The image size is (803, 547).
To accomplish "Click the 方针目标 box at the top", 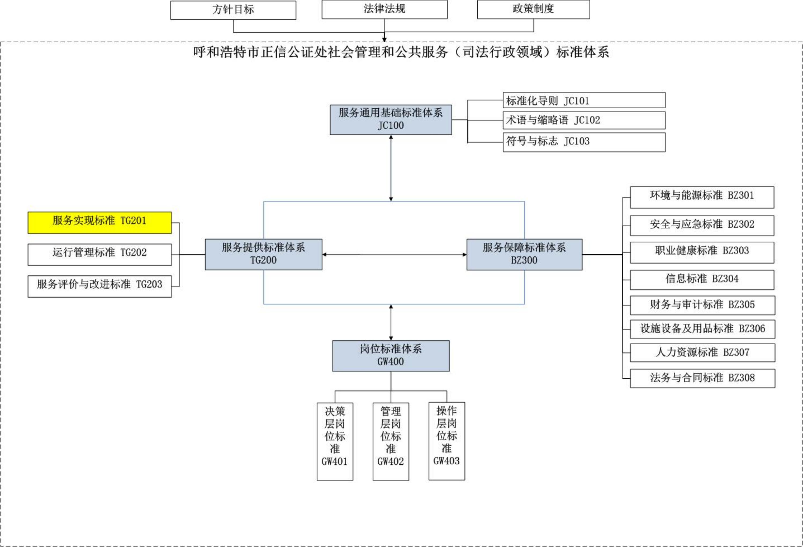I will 233,10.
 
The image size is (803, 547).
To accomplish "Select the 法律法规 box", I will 384,9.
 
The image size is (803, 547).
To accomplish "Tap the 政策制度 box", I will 533,9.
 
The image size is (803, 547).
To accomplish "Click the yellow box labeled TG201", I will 100,223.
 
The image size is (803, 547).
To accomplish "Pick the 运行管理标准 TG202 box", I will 100,254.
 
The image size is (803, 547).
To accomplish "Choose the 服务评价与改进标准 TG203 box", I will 100,286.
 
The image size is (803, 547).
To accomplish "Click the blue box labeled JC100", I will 391,120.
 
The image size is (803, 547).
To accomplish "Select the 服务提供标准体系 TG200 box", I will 263,254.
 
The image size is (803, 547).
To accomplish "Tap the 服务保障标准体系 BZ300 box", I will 524,254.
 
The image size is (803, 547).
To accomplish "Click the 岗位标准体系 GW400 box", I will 391,356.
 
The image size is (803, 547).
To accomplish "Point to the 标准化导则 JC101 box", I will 584,100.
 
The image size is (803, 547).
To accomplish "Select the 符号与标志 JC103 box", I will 584,142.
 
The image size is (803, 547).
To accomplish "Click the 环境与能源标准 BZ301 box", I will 702,197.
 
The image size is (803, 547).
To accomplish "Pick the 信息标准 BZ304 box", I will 702,280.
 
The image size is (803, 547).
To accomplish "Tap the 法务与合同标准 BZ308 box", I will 702,378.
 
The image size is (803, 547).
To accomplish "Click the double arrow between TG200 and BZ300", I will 394,255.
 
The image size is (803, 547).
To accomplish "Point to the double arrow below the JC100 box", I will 391,168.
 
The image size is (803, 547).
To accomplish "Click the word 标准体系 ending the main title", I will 583,53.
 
